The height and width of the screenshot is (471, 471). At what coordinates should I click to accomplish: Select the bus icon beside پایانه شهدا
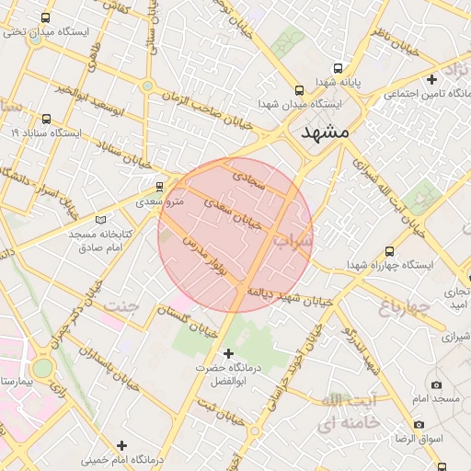pyautogui.click(x=338, y=68)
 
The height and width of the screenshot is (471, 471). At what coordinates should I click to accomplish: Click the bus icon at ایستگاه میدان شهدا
pyautogui.click(x=299, y=90)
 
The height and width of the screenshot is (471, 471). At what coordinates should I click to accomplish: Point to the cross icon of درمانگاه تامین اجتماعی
pyautogui.click(x=431, y=79)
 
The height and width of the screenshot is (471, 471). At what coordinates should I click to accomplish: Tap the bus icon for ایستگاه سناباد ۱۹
pyautogui.click(x=47, y=119)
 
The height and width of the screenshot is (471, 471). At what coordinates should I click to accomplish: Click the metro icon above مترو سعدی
pyautogui.click(x=160, y=185)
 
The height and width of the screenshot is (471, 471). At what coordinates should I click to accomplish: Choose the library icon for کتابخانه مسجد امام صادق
pyautogui.click(x=101, y=220)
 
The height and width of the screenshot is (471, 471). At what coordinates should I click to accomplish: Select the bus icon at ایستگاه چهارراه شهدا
pyautogui.click(x=389, y=250)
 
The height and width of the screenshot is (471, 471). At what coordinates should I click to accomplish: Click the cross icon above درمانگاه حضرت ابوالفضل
pyautogui.click(x=229, y=353)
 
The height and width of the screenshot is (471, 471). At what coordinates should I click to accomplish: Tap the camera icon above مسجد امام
pyautogui.click(x=436, y=385)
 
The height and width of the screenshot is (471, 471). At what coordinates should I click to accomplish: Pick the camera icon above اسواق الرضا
pyautogui.click(x=419, y=424)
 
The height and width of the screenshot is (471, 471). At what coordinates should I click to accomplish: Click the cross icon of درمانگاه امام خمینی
pyautogui.click(x=121, y=445)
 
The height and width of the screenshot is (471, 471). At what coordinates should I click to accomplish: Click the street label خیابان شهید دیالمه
pyautogui.click(x=286, y=296)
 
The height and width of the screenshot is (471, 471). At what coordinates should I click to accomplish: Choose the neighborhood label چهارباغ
pyautogui.click(x=405, y=304)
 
